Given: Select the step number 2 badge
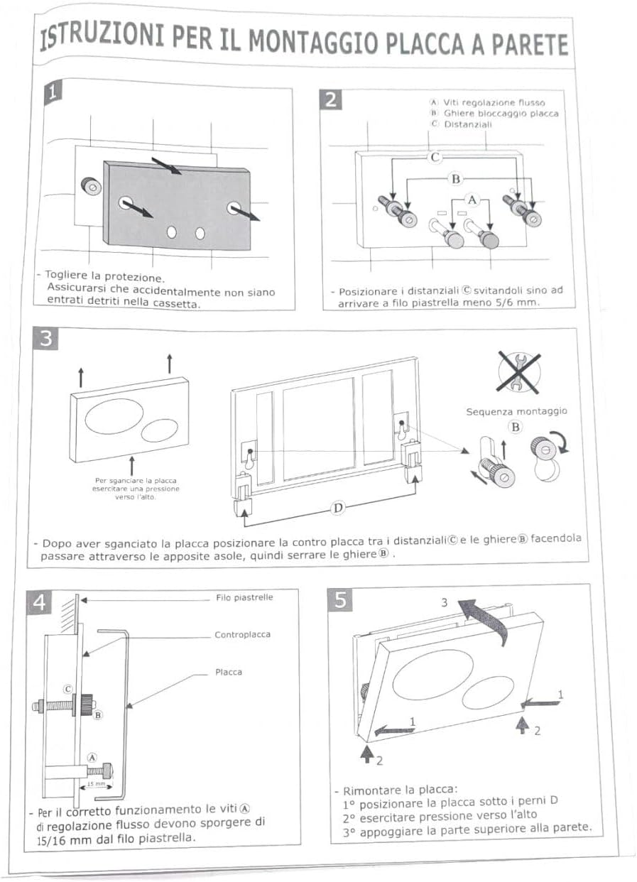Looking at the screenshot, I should [331, 100].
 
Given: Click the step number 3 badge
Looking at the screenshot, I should [45, 339].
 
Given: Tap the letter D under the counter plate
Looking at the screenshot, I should [339, 508].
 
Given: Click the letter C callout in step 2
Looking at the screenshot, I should [436, 158].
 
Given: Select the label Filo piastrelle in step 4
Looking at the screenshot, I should [244, 597].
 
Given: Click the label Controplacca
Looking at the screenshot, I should [242, 634].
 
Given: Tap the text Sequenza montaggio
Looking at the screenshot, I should [516, 411].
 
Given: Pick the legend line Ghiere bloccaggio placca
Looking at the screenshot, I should [501, 114].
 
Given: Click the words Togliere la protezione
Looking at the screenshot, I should [104, 275].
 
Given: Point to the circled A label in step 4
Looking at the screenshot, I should [91, 757].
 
